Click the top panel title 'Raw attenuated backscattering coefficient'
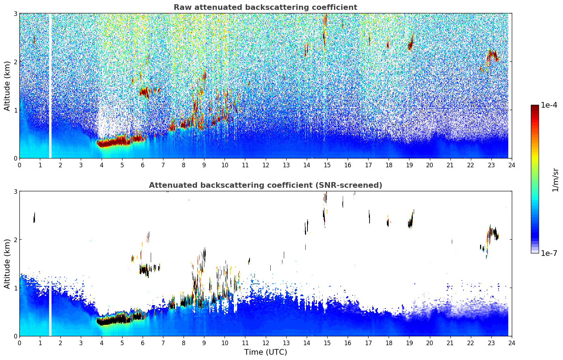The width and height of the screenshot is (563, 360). [265, 7]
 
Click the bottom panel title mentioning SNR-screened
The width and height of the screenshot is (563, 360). [265, 185]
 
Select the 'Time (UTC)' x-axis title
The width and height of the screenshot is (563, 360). [265, 352]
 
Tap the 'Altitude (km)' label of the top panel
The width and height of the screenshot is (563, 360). [7, 86]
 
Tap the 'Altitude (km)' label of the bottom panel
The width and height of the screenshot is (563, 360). [7, 264]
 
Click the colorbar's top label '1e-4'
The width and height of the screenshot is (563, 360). [549, 105]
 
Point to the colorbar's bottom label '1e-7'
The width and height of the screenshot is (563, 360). [549, 253]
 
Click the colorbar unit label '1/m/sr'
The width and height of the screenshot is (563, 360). [555, 180]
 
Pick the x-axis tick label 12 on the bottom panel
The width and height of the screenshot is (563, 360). [265, 343]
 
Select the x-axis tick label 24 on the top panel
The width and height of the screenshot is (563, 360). [511, 165]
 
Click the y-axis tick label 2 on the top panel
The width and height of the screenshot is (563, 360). [15, 62]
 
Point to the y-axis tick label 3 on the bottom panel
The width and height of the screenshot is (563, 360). [15, 191]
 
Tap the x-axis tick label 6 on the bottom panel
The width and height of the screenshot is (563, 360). [143, 343]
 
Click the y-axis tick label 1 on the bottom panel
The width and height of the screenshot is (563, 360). [15, 288]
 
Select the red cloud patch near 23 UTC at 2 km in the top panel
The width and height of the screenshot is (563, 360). [493, 56]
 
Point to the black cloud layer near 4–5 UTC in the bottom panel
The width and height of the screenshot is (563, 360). [115, 320]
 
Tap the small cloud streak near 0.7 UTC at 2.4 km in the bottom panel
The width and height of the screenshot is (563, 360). [34, 217]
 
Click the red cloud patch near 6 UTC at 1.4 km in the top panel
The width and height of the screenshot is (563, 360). [144, 92]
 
